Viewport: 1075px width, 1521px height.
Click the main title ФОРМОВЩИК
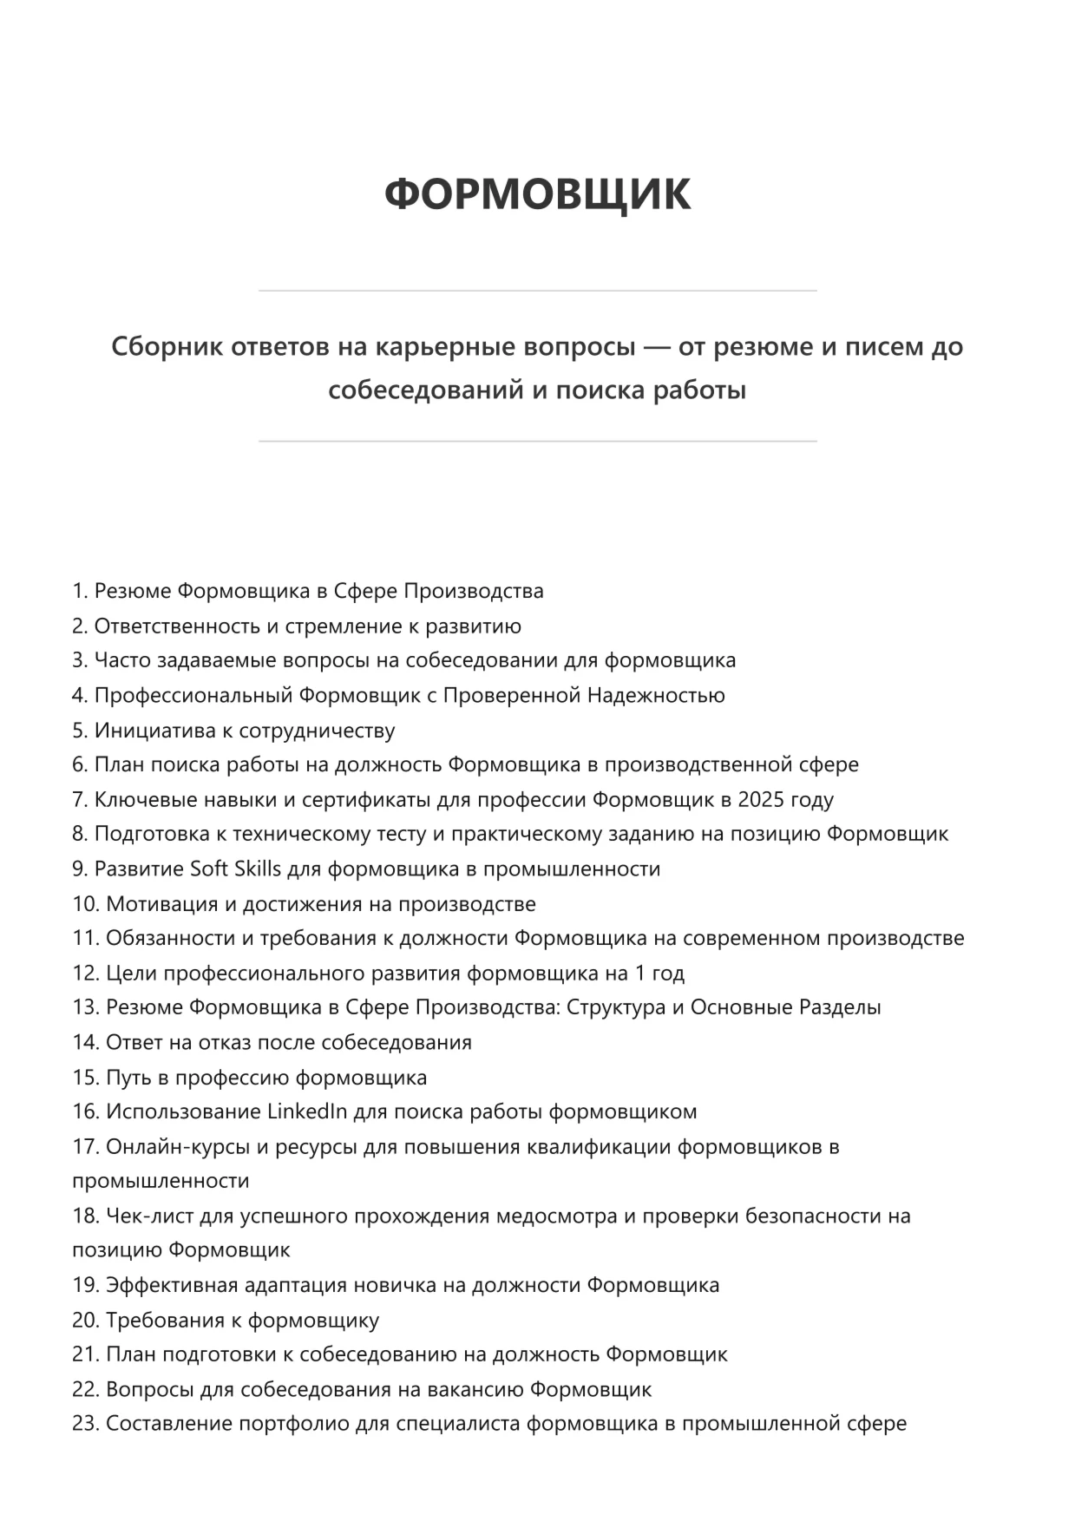[x=537, y=193]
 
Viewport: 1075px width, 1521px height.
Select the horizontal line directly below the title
[x=537, y=291]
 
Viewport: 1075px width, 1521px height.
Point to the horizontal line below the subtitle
[x=537, y=442]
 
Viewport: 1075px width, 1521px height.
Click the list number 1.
[x=80, y=592]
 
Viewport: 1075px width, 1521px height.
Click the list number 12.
[x=85, y=974]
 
